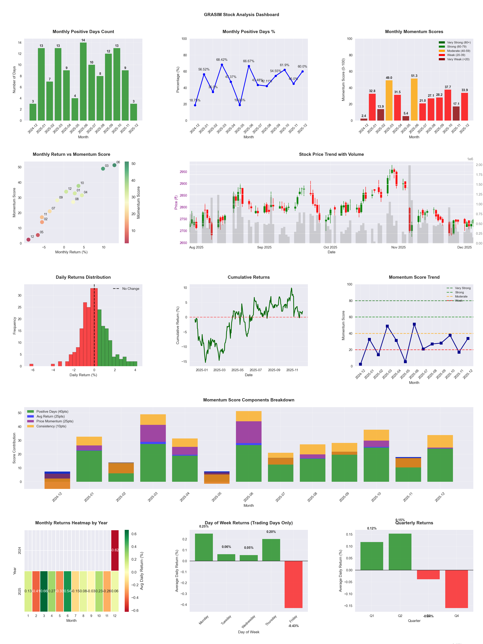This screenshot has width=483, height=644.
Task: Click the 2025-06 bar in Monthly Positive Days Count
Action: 83,82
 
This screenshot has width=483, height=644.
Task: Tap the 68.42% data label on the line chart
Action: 222,60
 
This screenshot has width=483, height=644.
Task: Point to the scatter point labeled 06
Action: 114,165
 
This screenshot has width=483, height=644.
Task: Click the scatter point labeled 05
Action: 38,235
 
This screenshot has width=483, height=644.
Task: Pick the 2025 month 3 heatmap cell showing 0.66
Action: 44,591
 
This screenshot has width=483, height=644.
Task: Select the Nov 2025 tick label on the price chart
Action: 398,247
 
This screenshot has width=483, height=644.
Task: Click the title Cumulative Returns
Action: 249,277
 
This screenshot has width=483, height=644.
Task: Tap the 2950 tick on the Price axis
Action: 183,172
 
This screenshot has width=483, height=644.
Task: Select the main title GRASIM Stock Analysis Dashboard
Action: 241,14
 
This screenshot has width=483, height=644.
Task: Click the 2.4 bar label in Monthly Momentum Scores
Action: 364,116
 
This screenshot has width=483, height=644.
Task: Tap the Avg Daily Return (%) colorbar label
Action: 142,571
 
